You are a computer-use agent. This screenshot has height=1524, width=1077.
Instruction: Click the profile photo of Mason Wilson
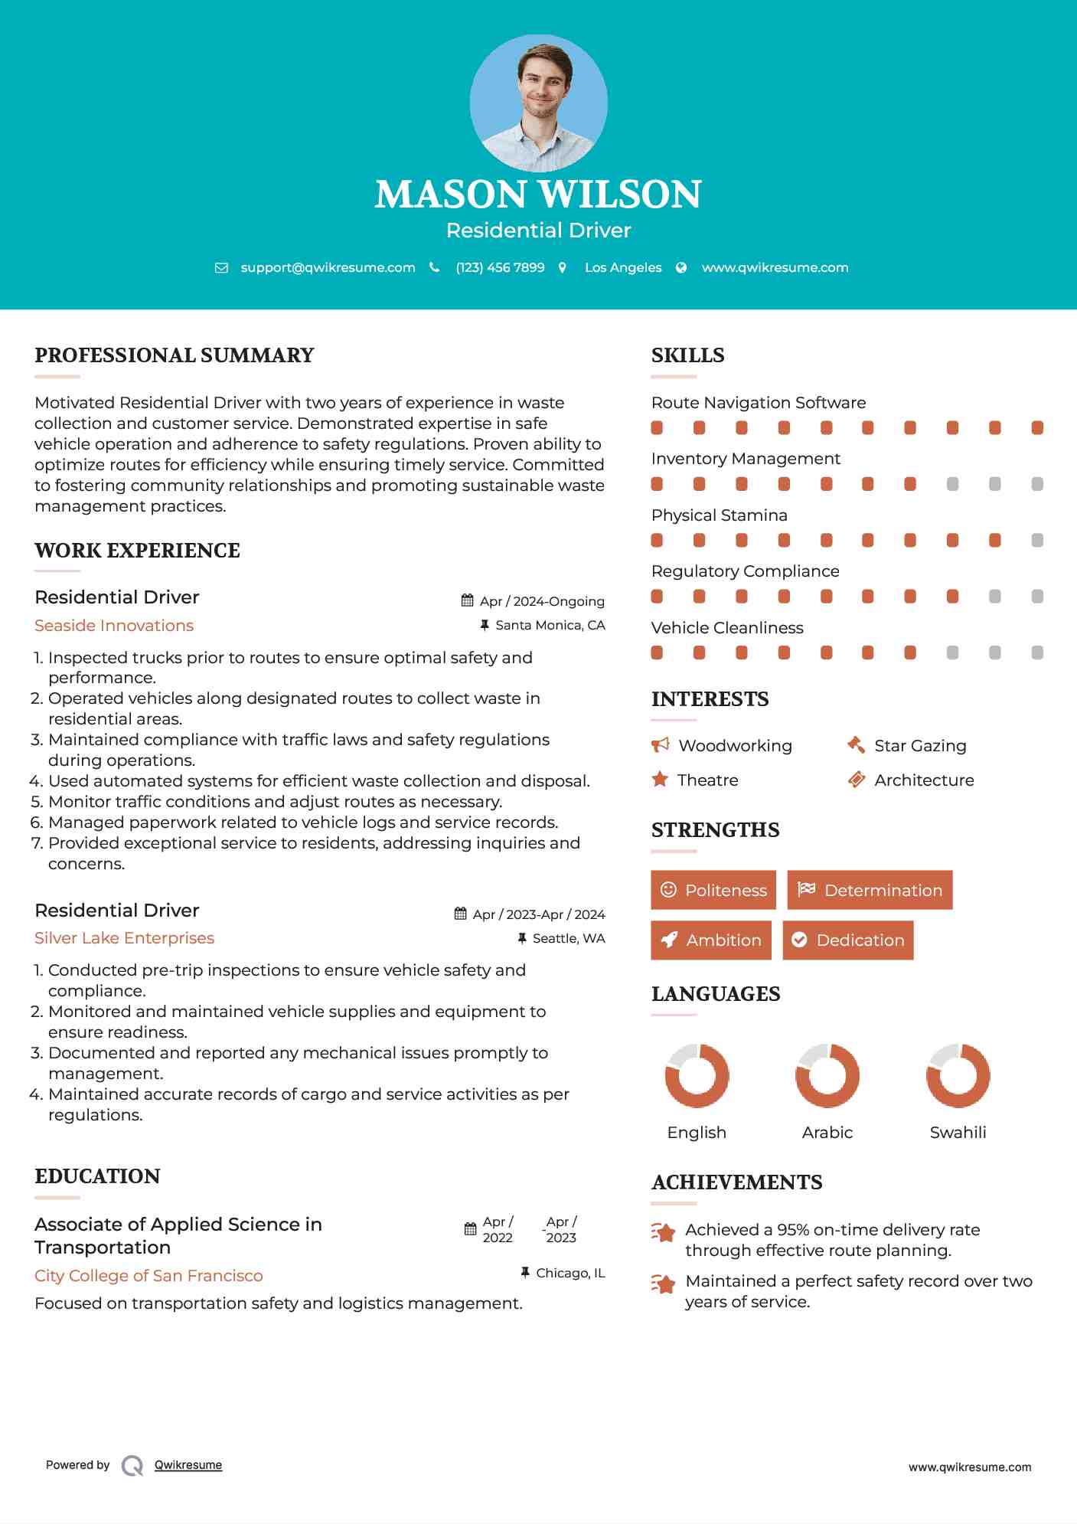538,103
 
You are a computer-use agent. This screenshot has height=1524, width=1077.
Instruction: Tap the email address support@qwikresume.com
328,267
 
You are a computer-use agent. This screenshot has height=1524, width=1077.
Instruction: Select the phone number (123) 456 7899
500,267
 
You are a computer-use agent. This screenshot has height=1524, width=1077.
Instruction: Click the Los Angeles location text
622,267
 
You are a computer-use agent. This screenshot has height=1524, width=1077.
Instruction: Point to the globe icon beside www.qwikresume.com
681,267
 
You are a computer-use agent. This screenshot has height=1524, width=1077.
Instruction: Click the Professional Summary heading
175,355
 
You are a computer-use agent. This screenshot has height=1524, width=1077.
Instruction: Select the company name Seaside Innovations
114,626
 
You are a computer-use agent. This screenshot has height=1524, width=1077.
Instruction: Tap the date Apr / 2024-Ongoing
541,601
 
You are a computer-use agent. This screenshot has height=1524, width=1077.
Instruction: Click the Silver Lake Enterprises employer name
124,938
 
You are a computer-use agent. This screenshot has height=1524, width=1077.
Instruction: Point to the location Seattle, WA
568,938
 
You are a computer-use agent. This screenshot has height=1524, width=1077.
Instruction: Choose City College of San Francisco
148,1276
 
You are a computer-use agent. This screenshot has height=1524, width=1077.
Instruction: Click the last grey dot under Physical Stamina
1037,541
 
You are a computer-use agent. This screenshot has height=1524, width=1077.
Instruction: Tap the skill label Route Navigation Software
759,403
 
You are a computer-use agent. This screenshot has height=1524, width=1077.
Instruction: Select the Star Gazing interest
920,746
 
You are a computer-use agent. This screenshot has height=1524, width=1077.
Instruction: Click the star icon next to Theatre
660,780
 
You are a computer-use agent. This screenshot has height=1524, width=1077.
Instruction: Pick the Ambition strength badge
711,940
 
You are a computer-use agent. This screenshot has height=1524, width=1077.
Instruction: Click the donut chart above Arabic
827,1075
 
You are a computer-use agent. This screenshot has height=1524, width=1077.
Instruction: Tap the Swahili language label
958,1133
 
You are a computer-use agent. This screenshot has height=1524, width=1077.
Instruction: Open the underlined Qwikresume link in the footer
188,1465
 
